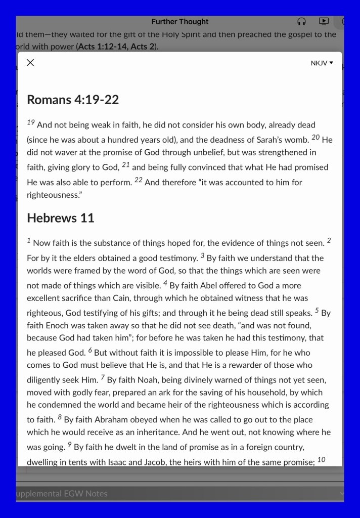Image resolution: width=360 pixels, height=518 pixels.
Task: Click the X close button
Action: point(30,63)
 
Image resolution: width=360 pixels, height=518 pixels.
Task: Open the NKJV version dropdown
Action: point(322,63)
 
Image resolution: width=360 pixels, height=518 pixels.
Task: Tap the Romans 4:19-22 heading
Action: point(73,100)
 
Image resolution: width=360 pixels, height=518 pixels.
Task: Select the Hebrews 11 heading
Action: point(61,218)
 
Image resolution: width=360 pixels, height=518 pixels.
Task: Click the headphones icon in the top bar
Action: point(302,22)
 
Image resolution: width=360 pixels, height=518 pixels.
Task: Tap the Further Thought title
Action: point(180,22)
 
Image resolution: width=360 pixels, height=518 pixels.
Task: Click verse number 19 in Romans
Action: point(31,123)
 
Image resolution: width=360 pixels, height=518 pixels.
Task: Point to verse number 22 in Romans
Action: point(138,180)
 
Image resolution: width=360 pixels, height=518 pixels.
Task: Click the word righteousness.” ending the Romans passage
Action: point(54,194)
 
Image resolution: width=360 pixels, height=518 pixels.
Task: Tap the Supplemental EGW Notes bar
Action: point(62,494)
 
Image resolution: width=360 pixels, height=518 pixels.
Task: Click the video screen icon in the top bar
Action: point(324,22)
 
